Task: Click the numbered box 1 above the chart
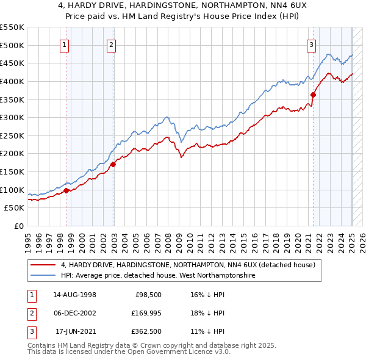click(x=65, y=44)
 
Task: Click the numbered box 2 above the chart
click(x=112, y=44)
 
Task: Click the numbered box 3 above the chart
click(x=311, y=44)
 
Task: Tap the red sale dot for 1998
click(x=66, y=190)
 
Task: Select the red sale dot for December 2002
click(x=113, y=164)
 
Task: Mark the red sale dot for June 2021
click(x=314, y=95)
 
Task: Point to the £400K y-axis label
click(x=12, y=81)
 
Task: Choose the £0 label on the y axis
click(x=18, y=226)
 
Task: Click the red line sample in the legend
click(x=43, y=265)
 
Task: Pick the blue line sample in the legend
click(x=43, y=276)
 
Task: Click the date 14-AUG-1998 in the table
click(x=74, y=295)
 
